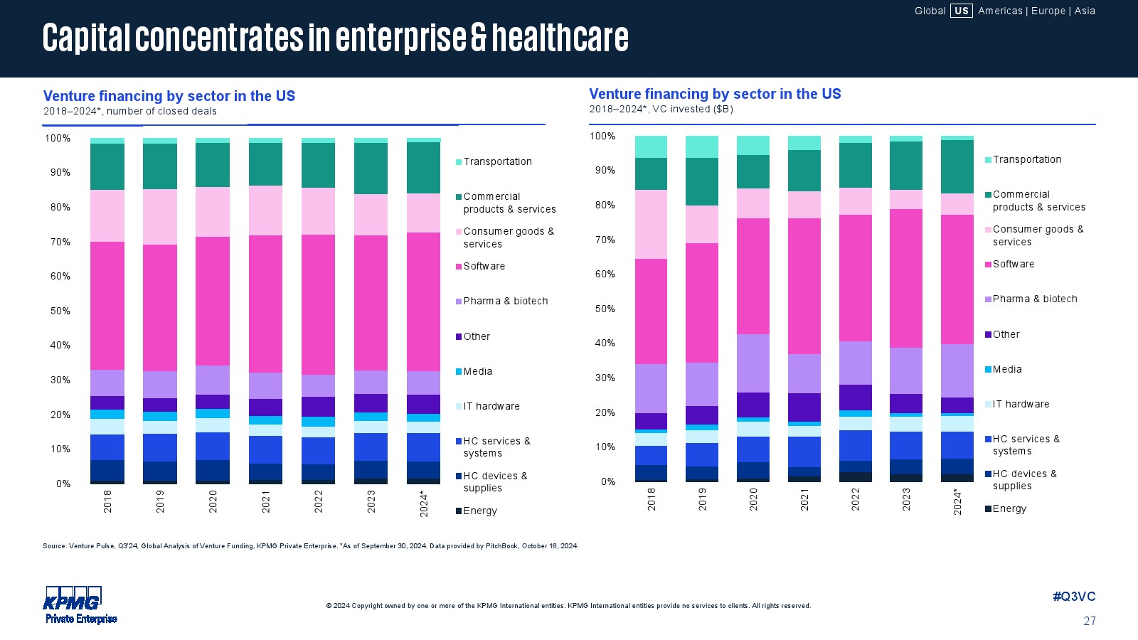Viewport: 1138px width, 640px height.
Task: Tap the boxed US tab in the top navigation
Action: (961, 11)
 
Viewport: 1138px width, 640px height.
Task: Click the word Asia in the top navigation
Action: (1085, 11)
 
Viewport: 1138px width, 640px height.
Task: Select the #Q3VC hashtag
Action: (1074, 597)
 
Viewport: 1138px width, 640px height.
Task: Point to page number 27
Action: (1090, 621)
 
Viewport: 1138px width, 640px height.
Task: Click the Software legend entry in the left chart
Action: (484, 266)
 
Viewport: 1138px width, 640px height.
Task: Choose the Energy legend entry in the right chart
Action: (1009, 508)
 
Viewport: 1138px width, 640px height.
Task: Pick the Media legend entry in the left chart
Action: (477, 371)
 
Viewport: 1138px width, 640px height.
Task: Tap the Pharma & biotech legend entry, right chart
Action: (1034, 299)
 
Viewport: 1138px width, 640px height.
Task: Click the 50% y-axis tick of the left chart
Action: (60, 311)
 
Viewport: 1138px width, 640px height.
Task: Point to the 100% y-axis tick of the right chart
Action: (602, 136)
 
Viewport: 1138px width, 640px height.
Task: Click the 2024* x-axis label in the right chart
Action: (957, 501)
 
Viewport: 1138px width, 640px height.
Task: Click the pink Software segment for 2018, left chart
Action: (107, 306)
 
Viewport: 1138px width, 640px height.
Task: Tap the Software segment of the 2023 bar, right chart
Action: (906, 278)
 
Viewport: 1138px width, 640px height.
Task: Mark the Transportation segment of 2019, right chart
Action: (702, 146)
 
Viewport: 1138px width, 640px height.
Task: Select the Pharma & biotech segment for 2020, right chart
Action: (753, 363)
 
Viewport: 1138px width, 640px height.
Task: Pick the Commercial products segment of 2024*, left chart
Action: (424, 168)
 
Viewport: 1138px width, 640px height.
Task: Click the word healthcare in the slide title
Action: (560, 38)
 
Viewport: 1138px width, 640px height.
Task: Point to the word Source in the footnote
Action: (54, 546)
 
